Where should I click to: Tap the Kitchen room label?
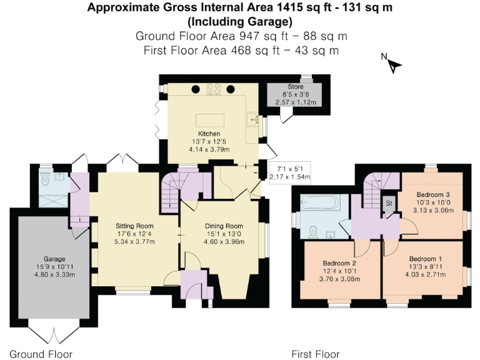coord(209,134)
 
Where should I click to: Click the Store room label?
coord(295,87)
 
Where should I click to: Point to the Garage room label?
coord(54,258)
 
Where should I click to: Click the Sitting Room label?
coord(134,226)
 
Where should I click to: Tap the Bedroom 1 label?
coord(425,258)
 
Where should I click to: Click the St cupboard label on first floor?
coord(388,203)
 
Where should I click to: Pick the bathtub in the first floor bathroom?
coord(320,203)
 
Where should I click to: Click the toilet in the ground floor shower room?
coord(44,179)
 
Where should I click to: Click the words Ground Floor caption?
coord(41,354)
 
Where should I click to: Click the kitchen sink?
coord(252,119)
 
